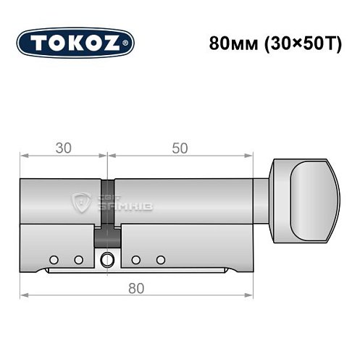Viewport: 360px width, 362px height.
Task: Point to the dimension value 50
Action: click(180, 148)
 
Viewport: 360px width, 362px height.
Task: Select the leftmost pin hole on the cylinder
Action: click(54, 258)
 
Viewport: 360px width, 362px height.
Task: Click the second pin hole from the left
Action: click(77, 258)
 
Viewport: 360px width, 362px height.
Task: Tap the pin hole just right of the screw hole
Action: click(135, 258)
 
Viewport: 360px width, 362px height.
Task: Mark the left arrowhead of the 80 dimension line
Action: click(22, 296)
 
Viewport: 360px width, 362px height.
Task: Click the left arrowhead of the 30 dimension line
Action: click(22, 156)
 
